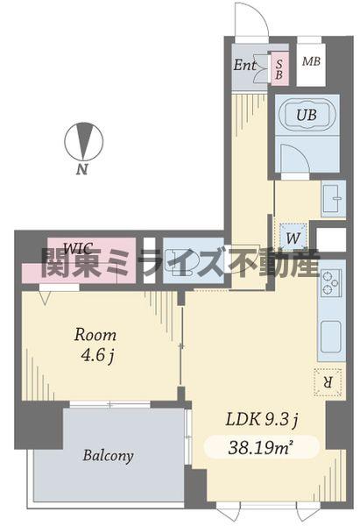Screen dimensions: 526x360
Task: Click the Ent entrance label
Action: [x=245, y=64]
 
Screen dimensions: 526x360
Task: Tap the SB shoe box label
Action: [x=279, y=68]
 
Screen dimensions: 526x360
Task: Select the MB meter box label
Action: [x=310, y=61]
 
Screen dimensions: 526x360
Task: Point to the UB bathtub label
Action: [x=306, y=115]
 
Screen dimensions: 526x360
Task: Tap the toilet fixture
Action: [x=185, y=260]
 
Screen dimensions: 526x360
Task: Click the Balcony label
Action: [x=109, y=456]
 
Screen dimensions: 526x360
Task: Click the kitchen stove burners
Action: [x=330, y=284]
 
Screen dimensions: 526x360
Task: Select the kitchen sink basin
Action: [x=330, y=335]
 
